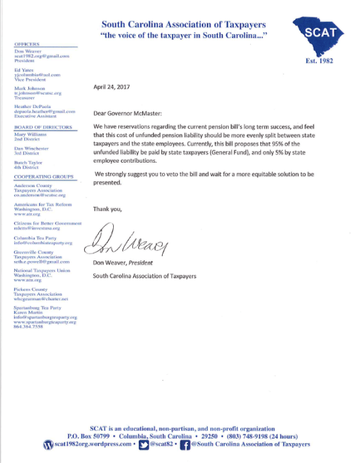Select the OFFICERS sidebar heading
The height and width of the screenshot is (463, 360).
click(x=26, y=43)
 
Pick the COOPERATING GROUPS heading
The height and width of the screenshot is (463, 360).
click(x=40, y=176)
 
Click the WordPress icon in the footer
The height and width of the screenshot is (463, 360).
click(x=47, y=444)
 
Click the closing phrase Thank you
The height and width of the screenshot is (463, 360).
click(x=107, y=208)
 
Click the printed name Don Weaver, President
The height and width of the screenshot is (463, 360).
click(x=128, y=264)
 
